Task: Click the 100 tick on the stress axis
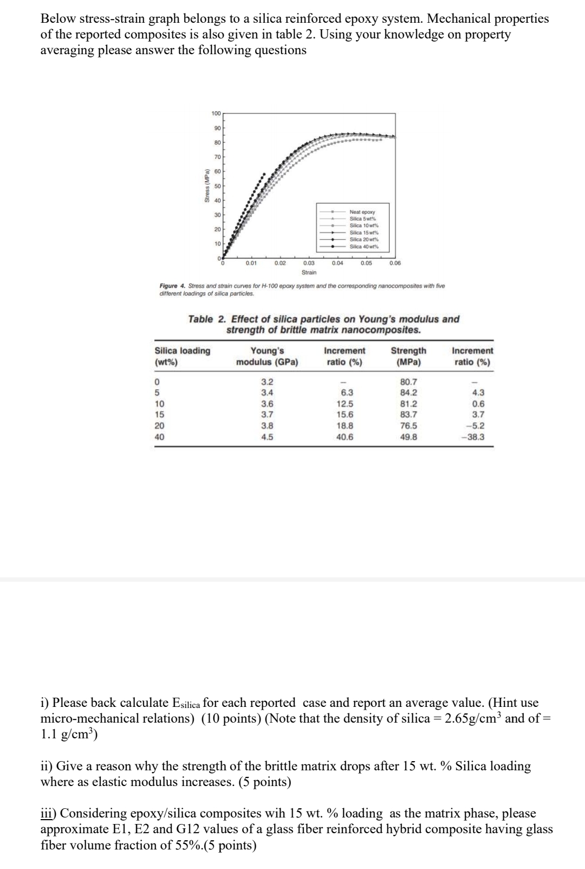pos(216,113)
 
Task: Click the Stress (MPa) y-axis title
pos(206,188)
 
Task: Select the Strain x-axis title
pos(309,272)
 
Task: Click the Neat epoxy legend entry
pos(362,213)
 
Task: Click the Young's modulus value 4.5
pos(267,436)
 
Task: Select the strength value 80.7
pos(408,382)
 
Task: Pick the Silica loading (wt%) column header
pos(183,356)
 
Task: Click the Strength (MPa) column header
pos(408,356)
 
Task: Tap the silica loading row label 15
pos(160,414)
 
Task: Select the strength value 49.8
pos(408,436)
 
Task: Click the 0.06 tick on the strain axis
pos(395,263)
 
